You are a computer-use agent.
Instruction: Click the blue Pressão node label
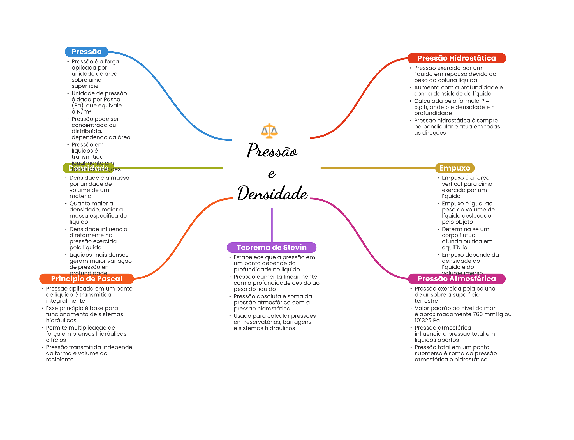86,52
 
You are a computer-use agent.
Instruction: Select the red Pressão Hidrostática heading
456,58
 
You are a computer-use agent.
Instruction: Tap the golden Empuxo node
454,168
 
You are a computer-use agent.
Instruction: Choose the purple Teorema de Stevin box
271,247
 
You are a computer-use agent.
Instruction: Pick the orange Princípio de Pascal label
86,279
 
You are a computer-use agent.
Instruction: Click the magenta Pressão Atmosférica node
456,279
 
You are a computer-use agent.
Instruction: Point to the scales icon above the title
269,131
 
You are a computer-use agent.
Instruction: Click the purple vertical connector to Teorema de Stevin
272,224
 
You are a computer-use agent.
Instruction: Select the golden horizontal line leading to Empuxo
376,168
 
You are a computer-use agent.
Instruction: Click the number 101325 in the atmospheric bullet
423,321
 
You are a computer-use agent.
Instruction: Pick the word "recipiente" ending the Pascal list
60,360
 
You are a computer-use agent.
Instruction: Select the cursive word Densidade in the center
272,193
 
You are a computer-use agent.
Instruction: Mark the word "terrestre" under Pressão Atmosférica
426,301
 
